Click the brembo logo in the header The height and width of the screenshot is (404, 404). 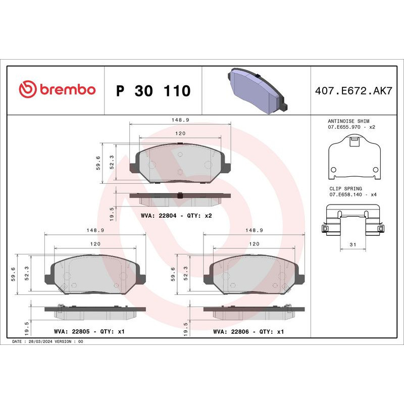57,90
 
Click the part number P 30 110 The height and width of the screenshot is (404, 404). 153,91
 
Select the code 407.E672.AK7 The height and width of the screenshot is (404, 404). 353,90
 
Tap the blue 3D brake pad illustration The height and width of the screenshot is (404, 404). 256,91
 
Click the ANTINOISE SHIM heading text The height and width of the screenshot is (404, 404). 348,122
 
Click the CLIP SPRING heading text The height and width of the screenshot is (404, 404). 345,188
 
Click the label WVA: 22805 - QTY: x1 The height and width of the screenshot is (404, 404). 89,332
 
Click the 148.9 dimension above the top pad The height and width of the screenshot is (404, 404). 180,120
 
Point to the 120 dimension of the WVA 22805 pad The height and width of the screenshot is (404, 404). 95,244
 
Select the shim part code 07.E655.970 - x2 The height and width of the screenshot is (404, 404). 352,127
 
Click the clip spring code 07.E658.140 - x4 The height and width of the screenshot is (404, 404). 352,194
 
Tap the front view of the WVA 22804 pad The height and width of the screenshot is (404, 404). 180,163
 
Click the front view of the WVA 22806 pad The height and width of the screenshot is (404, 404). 254,274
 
